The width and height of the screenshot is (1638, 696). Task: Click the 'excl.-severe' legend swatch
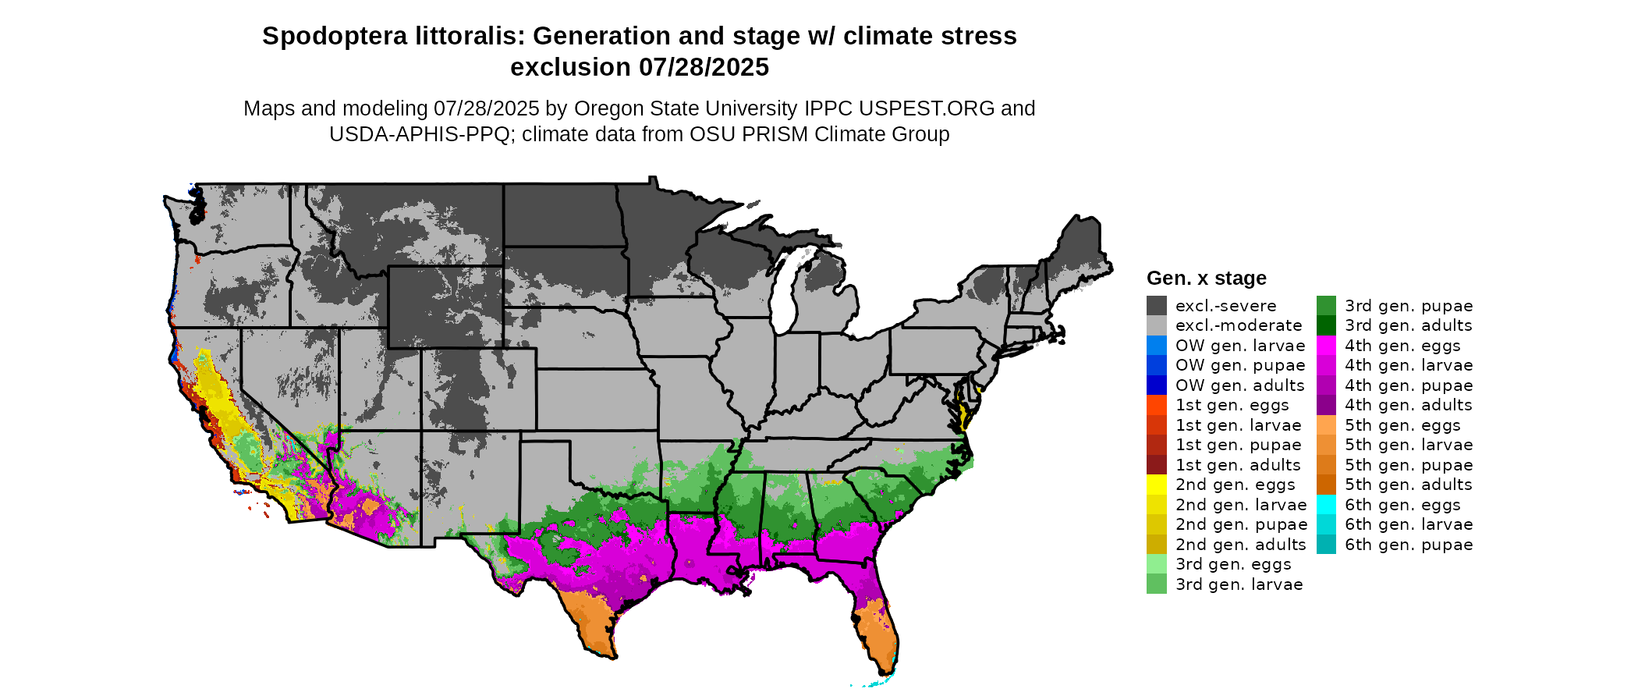click(1156, 306)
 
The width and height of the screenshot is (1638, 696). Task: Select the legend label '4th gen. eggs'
click(1402, 346)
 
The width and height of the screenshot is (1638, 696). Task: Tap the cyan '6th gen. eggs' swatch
click(1326, 505)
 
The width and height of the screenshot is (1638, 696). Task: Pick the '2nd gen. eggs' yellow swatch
click(1156, 485)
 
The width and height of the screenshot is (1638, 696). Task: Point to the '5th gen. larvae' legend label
click(1409, 445)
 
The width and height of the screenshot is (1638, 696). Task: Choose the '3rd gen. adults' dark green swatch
click(1326, 325)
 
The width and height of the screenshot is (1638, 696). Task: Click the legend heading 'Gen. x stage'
click(1206, 279)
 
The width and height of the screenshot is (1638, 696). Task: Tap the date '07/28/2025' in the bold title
click(704, 68)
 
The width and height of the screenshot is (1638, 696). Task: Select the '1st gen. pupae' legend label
click(1238, 445)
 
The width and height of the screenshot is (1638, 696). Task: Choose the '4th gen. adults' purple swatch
click(1326, 405)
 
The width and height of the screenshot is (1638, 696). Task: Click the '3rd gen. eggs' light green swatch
click(1156, 564)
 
